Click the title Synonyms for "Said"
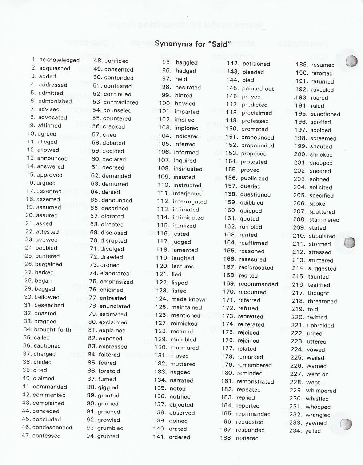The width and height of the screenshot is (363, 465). [193, 44]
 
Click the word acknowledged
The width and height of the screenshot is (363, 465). [59, 60]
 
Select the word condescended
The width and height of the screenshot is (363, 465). [52, 428]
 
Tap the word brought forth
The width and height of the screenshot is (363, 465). [52, 330]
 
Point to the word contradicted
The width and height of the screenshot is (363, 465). [121, 102]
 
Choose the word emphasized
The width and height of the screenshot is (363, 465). [116, 282]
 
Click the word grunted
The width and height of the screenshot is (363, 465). [108, 436]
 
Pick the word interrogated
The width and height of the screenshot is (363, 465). [190, 202]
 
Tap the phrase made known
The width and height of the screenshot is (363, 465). [190, 299]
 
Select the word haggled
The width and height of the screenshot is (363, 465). [187, 63]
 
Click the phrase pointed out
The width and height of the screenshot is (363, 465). [258, 89]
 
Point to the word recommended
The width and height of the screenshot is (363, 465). [258, 284]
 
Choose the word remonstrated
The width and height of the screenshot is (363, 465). [255, 381]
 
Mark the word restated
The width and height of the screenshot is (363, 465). [247, 438]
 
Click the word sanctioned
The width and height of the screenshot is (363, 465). [325, 114]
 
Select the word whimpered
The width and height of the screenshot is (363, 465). [321, 391]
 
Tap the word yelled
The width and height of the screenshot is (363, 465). [313, 431]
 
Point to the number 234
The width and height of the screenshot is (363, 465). [296, 431]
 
